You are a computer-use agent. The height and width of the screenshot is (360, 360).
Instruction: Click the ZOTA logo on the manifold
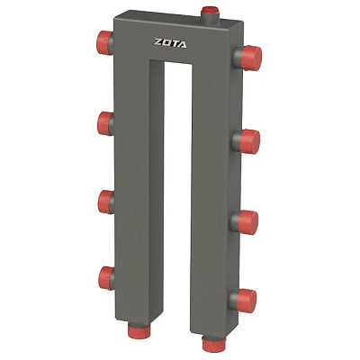(170, 43)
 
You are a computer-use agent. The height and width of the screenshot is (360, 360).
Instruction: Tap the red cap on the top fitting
(211, 10)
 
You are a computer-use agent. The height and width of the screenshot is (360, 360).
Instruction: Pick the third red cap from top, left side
(104, 202)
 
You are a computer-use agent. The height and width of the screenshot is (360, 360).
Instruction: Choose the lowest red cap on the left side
(104, 278)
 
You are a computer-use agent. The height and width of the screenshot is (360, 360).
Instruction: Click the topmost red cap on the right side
(251, 58)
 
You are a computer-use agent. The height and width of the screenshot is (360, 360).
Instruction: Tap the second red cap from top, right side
(249, 141)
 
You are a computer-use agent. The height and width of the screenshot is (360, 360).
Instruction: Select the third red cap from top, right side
(248, 222)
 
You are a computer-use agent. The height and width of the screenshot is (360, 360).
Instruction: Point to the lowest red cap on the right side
(247, 301)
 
